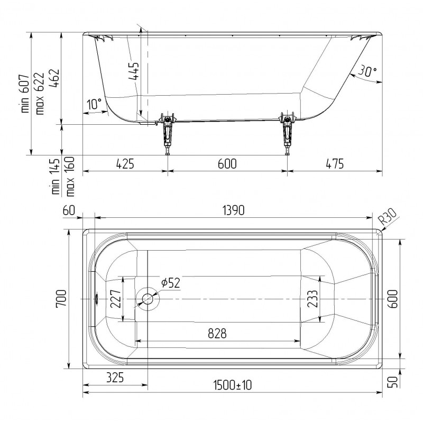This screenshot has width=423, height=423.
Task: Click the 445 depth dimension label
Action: click(134, 71)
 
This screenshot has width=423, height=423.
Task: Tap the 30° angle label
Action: click(367, 71)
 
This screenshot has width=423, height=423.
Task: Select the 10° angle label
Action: click(94, 104)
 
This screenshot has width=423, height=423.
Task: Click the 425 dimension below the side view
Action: click(125, 164)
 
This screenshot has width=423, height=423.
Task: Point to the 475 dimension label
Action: click(335, 164)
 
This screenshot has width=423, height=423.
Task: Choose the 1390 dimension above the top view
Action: click(234, 210)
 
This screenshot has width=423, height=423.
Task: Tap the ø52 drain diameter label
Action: click(170, 283)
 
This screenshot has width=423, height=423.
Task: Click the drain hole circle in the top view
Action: click(148, 299)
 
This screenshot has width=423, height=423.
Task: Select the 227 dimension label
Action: click(116, 299)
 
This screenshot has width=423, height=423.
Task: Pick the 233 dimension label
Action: click(312, 299)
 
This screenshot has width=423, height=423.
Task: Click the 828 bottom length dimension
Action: click(217, 334)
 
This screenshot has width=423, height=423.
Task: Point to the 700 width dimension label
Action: click(61, 298)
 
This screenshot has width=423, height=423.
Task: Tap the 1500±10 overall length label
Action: click(232, 385)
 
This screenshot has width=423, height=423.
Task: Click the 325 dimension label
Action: click(115, 378)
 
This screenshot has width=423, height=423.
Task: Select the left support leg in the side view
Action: click(168, 133)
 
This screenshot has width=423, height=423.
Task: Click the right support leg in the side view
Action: click(288, 133)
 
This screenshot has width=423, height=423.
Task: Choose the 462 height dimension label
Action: click(55, 78)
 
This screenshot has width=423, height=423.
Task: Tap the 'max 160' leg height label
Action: click(70, 177)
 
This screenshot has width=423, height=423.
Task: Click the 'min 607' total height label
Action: click(25, 93)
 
